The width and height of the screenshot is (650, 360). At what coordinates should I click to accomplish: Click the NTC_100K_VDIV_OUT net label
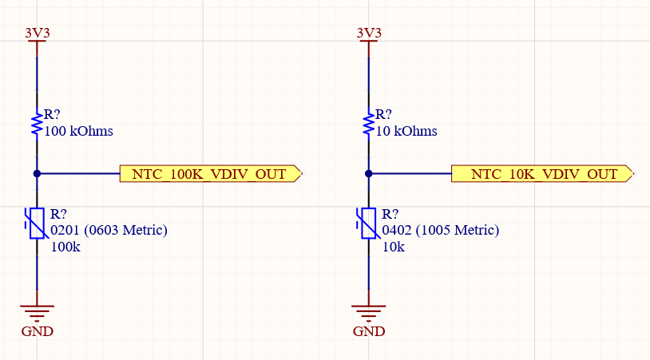coord(209,174)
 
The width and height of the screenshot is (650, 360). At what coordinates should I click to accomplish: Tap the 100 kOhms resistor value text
coord(79,131)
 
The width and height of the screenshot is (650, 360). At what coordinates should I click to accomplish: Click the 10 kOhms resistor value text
coord(406,131)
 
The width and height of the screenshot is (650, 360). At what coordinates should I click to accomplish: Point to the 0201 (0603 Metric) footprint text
coord(109,231)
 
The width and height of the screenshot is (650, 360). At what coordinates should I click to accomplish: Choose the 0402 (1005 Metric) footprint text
coord(441,231)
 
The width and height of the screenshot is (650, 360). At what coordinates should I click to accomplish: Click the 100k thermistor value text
coord(65,247)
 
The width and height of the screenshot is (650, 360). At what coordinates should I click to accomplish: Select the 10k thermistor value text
coord(394,247)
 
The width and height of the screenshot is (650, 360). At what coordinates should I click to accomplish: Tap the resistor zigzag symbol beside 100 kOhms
coord(37,124)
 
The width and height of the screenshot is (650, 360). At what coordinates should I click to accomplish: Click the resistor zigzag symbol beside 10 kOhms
coord(368,124)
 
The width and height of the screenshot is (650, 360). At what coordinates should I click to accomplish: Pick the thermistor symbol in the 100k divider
coord(37,224)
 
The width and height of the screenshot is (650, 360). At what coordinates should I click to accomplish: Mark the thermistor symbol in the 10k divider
coord(368,224)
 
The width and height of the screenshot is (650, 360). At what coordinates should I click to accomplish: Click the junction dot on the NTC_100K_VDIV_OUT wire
coord(37,173)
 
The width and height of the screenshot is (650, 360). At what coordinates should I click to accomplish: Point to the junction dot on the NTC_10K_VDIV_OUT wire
coord(368,173)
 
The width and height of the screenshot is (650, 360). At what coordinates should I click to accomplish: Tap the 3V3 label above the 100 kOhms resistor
coord(37,33)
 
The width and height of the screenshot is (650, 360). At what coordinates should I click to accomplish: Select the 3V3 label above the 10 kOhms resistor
coord(368,33)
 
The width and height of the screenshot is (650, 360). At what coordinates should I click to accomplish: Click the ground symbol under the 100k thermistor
coord(37,311)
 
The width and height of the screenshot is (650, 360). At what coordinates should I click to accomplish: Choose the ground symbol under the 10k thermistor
coord(368,311)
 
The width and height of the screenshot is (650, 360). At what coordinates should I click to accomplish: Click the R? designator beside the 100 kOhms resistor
coord(52,115)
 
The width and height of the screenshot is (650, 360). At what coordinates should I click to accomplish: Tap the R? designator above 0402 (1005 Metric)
coord(390,214)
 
